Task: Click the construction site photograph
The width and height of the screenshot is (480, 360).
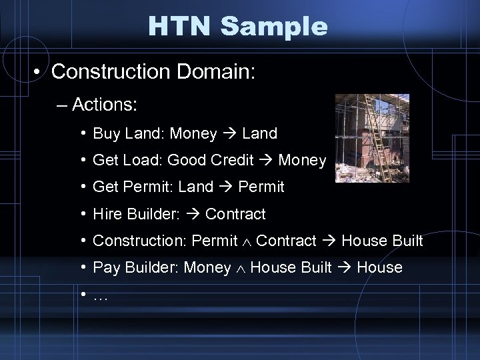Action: point(372,138)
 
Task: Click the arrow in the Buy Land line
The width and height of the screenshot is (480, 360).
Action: point(230,134)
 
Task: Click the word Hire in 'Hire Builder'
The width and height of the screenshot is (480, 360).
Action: point(106,214)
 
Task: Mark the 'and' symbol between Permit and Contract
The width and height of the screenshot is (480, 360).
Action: point(247,241)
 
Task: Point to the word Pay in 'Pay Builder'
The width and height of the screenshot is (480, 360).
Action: point(105,267)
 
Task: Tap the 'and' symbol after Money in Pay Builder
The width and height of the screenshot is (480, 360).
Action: point(241,268)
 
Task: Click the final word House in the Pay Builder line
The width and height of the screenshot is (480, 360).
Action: point(380,267)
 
